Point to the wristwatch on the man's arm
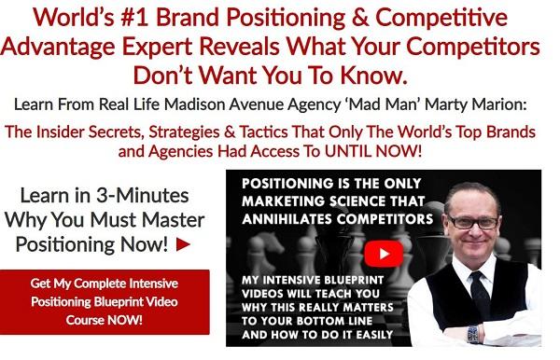pyautogui.click(x=473, y=333)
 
